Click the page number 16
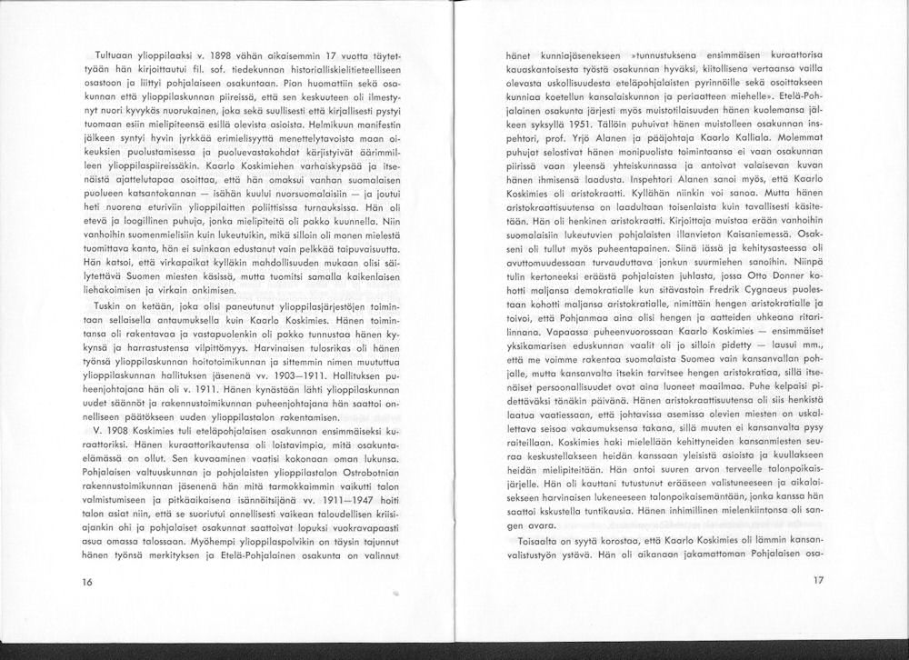(86, 581)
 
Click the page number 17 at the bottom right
(817, 580)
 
